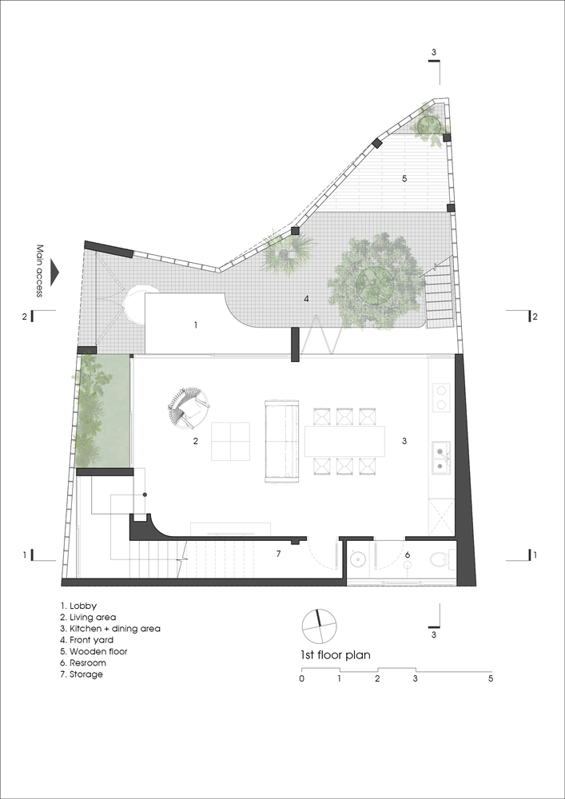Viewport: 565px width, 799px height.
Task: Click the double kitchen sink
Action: pyautogui.click(x=440, y=456)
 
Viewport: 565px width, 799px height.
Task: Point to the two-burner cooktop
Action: pyautogui.click(x=441, y=398)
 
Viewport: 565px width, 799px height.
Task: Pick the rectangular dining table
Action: pyautogui.click(x=345, y=441)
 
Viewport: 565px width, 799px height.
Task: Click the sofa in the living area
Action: pyautogui.click(x=281, y=441)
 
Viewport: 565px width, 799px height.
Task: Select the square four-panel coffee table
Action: pyautogui.click(x=230, y=441)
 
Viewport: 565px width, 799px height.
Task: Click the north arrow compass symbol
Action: pyautogui.click(x=320, y=626)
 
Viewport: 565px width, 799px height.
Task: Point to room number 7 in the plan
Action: pyautogui.click(x=278, y=554)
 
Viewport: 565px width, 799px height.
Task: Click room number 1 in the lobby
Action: pyautogui.click(x=196, y=324)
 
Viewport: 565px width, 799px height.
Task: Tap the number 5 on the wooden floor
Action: pyautogui.click(x=404, y=178)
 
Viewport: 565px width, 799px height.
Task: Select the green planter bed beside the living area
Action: pyautogui.click(x=104, y=411)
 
